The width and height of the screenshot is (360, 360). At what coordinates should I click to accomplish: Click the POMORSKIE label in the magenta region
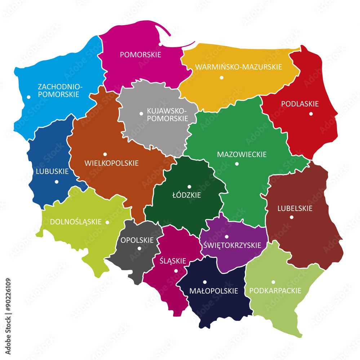pyautogui.click(x=140, y=55)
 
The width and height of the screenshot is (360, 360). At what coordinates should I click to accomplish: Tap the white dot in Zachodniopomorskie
pyautogui.click(x=28, y=97)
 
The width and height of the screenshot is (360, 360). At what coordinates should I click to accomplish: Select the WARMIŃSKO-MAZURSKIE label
pyautogui.click(x=238, y=67)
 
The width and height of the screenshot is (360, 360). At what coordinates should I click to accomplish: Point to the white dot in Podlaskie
pyautogui.click(x=311, y=114)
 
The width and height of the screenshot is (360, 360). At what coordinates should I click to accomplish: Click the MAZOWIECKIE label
pyautogui.click(x=242, y=154)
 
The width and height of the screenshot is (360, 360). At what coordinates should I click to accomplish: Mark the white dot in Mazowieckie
pyautogui.click(x=237, y=164)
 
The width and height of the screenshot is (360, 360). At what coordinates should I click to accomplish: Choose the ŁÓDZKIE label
pyautogui.click(x=186, y=195)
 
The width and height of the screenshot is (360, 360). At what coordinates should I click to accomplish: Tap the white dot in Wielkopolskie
pyautogui.click(x=105, y=154)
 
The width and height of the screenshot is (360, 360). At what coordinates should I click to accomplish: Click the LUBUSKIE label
pyautogui.click(x=52, y=171)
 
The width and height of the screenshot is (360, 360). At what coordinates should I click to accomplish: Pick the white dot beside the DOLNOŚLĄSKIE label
pyautogui.click(x=107, y=222)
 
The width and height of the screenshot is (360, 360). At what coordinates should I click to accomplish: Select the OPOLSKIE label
pyautogui.click(x=137, y=240)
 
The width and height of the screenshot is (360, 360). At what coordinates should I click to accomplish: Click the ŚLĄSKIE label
pyautogui.click(x=173, y=261)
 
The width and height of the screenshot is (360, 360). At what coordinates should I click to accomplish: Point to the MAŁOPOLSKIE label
pyautogui.click(x=214, y=291)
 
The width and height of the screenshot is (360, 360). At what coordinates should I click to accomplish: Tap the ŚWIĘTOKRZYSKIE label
pyautogui.click(x=232, y=245)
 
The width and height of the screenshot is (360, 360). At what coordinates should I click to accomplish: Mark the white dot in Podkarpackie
pyautogui.click(x=273, y=282)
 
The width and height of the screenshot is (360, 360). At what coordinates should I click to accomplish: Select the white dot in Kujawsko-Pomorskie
pyautogui.click(x=141, y=114)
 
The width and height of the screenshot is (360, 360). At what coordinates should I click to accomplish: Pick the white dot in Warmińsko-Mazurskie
pyautogui.click(x=222, y=77)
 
